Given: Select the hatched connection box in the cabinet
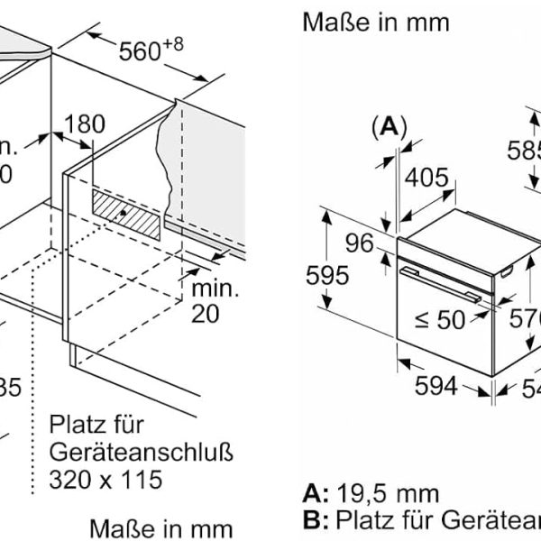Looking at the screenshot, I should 126,209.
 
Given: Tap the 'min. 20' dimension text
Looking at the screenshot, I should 215,301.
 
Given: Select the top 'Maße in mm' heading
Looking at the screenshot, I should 375,22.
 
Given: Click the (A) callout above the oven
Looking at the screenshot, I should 388,128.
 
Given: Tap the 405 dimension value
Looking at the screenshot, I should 426,177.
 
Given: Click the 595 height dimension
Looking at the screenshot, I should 326,276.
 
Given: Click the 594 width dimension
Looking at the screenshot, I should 435,386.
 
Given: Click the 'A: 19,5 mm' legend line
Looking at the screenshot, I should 371,493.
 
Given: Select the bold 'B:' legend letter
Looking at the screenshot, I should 314,520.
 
